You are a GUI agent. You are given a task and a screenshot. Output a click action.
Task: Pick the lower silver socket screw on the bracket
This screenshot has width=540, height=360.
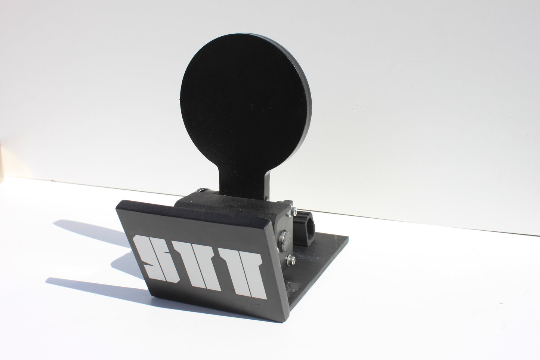290,259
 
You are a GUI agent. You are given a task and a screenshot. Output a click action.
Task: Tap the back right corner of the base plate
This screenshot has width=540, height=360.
347,236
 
